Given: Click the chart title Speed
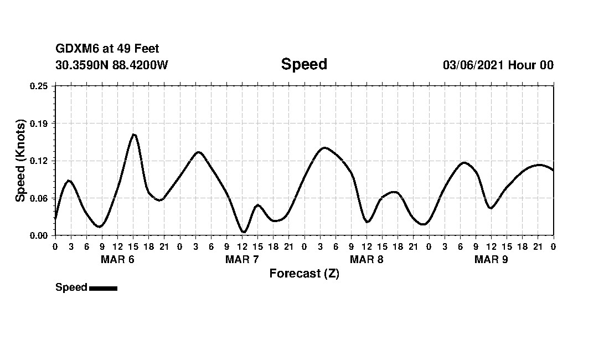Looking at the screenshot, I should point(304,64).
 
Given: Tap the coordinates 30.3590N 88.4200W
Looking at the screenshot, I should point(112,65).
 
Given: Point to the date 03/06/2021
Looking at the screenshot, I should point(473,65).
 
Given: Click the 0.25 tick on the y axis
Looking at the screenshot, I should point(39,86).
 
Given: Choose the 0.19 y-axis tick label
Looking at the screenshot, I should point(39,123).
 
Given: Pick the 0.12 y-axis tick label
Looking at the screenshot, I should point(39,161).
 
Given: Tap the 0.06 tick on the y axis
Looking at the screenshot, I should point(39,198).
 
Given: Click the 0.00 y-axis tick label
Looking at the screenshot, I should point(39,235).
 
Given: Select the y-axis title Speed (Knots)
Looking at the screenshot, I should point(20,161).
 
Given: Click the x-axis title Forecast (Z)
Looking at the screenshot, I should point(304,274).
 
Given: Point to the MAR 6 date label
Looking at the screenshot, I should point(117,259).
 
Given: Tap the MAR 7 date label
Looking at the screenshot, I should point(242,259).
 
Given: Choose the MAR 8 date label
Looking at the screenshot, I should point(367,259).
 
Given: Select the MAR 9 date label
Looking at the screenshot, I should point(491,259).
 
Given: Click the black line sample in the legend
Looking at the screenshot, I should point(103,288).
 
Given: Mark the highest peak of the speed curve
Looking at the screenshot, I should point(133,134).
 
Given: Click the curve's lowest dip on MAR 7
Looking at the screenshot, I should point(243,232).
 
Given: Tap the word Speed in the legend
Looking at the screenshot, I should point(71,287).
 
